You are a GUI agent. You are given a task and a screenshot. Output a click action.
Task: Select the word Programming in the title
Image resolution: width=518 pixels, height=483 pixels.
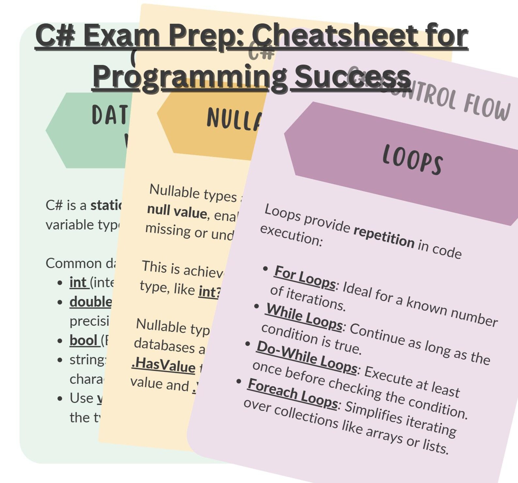point(190,77)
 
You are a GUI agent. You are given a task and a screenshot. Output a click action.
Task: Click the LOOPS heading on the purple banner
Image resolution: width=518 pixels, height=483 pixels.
point(412,159)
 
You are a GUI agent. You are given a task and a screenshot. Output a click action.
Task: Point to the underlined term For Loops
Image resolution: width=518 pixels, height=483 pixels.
point(304,277)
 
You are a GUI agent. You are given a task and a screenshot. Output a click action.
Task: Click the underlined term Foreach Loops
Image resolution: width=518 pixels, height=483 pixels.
point(292,393)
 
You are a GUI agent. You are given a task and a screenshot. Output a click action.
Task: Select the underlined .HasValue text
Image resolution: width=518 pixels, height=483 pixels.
point(163,365)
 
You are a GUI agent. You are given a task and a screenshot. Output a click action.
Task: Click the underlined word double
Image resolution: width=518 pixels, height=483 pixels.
point(90,302)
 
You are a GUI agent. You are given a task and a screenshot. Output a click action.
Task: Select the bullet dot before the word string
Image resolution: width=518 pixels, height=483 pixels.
point(60,360)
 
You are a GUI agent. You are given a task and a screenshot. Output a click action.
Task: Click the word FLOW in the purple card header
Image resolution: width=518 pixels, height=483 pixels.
point(487,107)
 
